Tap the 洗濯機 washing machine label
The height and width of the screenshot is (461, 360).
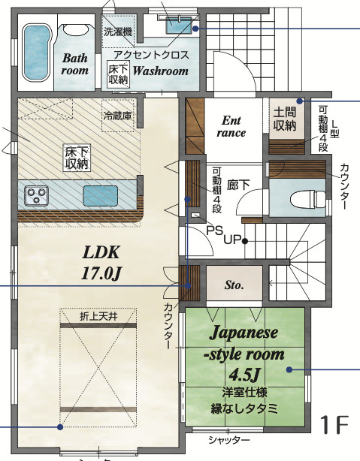click(118, 32)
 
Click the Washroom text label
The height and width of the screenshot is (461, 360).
click(161, 71)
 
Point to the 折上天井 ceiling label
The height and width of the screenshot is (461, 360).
click(98, 316)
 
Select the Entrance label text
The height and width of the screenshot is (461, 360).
click(231, 126)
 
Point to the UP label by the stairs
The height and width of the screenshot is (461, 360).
click(231, 240)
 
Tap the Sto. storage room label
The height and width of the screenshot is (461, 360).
click(233, 285)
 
